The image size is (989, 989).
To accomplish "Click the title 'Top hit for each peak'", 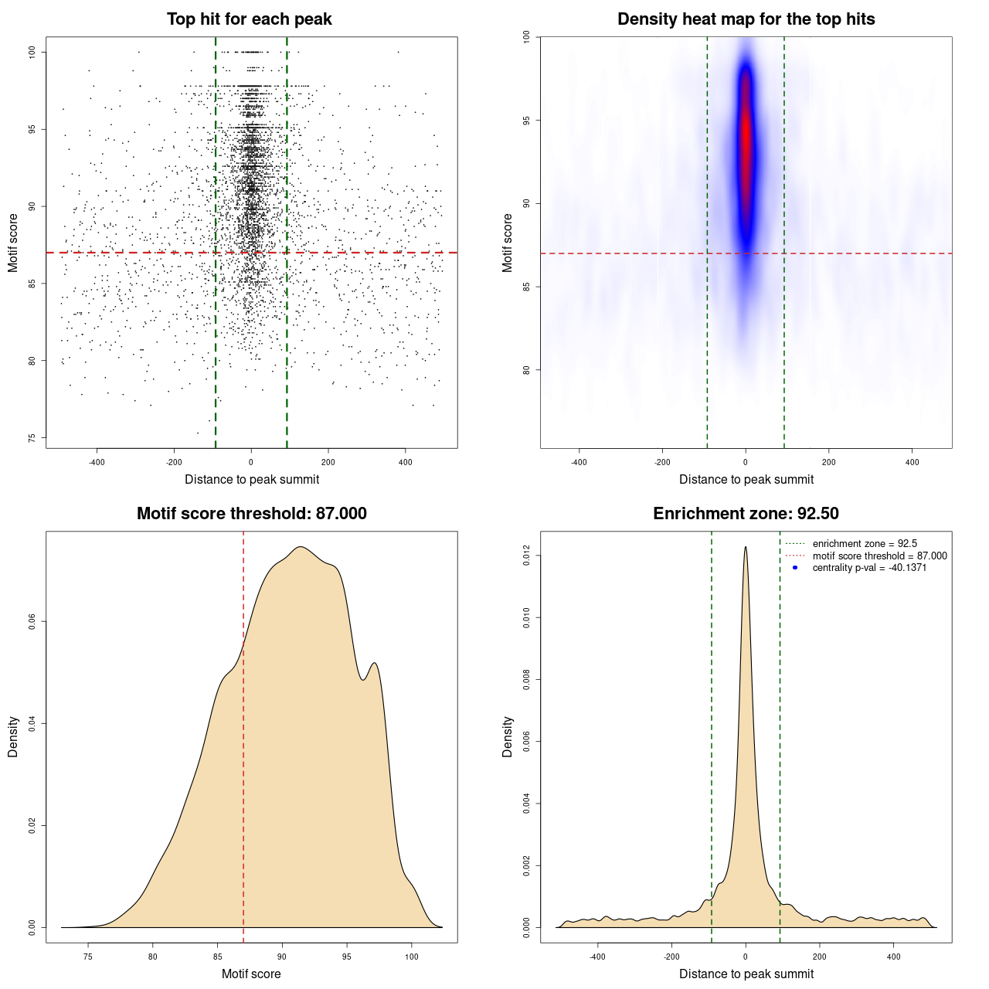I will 250,19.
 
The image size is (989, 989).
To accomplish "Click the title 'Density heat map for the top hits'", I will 746,19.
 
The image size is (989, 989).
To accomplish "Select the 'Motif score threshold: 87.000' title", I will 251,514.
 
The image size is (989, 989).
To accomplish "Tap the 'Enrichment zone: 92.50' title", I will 746,514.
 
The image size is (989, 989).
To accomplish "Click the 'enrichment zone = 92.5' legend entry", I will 865,544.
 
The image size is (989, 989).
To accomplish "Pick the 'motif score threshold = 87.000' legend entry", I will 879,556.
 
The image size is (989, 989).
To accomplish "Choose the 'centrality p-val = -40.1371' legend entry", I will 869,568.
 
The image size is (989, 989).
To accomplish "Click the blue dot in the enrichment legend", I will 795,568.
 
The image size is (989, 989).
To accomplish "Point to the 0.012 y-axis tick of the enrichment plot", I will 527,556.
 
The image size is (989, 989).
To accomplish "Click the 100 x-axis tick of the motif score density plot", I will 411,957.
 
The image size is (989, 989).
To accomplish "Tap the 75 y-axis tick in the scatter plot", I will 32,438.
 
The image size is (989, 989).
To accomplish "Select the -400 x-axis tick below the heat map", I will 579,462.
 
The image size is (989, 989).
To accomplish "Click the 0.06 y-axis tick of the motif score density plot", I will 32,621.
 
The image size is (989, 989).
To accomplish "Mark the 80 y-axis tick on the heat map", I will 526,370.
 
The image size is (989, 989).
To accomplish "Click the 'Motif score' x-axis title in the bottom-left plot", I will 251,974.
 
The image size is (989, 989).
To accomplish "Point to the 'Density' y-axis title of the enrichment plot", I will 508,736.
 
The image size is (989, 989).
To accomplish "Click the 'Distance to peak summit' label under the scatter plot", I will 252,479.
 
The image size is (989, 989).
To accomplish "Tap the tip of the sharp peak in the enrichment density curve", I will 746,547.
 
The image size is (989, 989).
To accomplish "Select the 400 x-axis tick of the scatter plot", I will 405,462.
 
